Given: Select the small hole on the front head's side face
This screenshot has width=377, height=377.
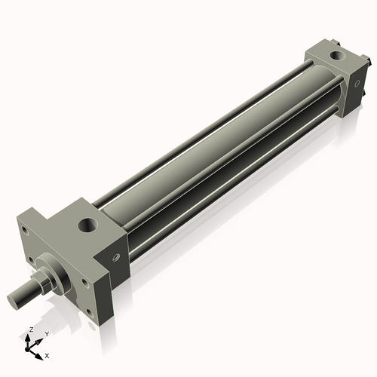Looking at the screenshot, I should [x=115, y=258].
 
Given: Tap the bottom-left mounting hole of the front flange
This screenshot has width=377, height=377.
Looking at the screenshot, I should [x=29, y=262].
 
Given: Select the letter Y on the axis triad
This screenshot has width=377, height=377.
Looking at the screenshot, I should [x=46, y=333].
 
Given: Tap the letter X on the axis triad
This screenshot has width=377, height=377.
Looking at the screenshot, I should [x=48, y=354].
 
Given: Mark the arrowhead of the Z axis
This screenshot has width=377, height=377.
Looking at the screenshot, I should [x=29, y=337].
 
